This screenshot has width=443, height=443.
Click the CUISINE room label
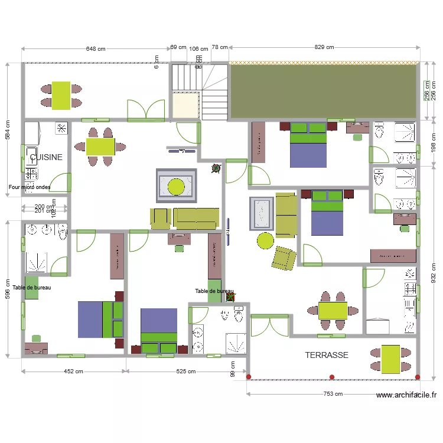click(x=47, y=158)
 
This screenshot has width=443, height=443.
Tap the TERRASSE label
click(x=327, y=355)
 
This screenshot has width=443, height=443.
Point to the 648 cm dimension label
click(x=96, y=48)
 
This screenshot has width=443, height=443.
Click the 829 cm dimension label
click(x=324, y=47)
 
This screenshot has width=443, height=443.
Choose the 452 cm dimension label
click(x=73, y=372)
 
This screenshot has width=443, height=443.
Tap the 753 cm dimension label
click(x=333, y=394)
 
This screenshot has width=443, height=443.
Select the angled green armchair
click(x=284, y=257)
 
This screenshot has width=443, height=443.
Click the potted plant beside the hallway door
click(x=216, y=168)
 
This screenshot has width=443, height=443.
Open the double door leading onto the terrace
click(x=269, y=326)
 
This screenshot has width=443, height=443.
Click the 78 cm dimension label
click(x=220, y=47)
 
